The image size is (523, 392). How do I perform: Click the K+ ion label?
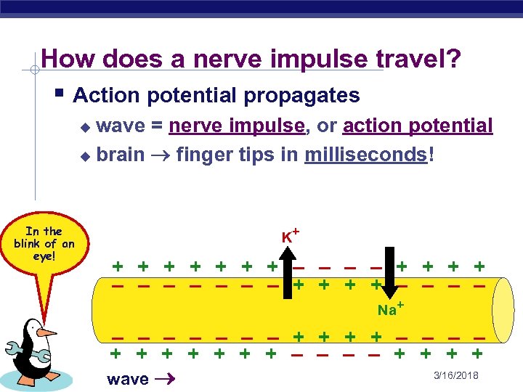click(x=291, y=235)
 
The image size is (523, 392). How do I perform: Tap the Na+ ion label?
click(x=390, y=310)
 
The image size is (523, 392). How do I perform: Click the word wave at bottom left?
click(x=127, y=378)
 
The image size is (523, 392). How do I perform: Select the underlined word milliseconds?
click(x=366, y=155)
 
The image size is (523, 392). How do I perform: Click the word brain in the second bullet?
click(x=120, y=155)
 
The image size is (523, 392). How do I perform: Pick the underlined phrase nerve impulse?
click(x=236, y=126)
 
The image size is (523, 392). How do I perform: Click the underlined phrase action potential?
click(x=418, y=126)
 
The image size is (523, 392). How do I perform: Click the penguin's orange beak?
click(x=46, y=332)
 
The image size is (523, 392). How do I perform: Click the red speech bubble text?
click(x=44, y=244)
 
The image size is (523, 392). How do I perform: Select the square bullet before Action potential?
click(x=61, y=94)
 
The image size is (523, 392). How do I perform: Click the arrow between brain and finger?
click(x=160, y=155)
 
